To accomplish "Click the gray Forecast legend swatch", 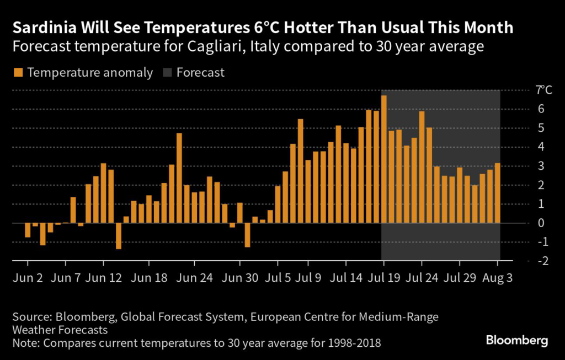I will (x=167, y=73).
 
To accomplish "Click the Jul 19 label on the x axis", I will (x=384, y=278).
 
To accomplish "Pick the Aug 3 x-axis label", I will (x=498, y=278).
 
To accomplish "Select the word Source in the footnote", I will (x=29, y=317).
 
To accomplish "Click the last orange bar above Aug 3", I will (x=498, y=193).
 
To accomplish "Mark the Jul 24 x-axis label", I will (x=422, y=278).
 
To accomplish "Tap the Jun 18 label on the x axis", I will (x=153, y=278).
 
